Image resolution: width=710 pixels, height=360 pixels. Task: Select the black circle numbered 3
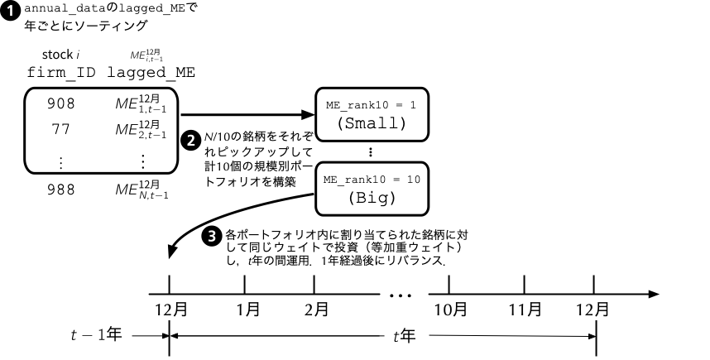211,235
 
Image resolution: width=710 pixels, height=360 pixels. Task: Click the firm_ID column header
61,73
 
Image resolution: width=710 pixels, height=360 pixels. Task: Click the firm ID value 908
61,103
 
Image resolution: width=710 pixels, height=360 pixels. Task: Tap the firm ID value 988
61,190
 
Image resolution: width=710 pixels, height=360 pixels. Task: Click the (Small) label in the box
371,123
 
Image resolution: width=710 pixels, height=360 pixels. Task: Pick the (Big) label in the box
371,198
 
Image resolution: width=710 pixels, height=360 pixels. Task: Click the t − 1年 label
98,336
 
